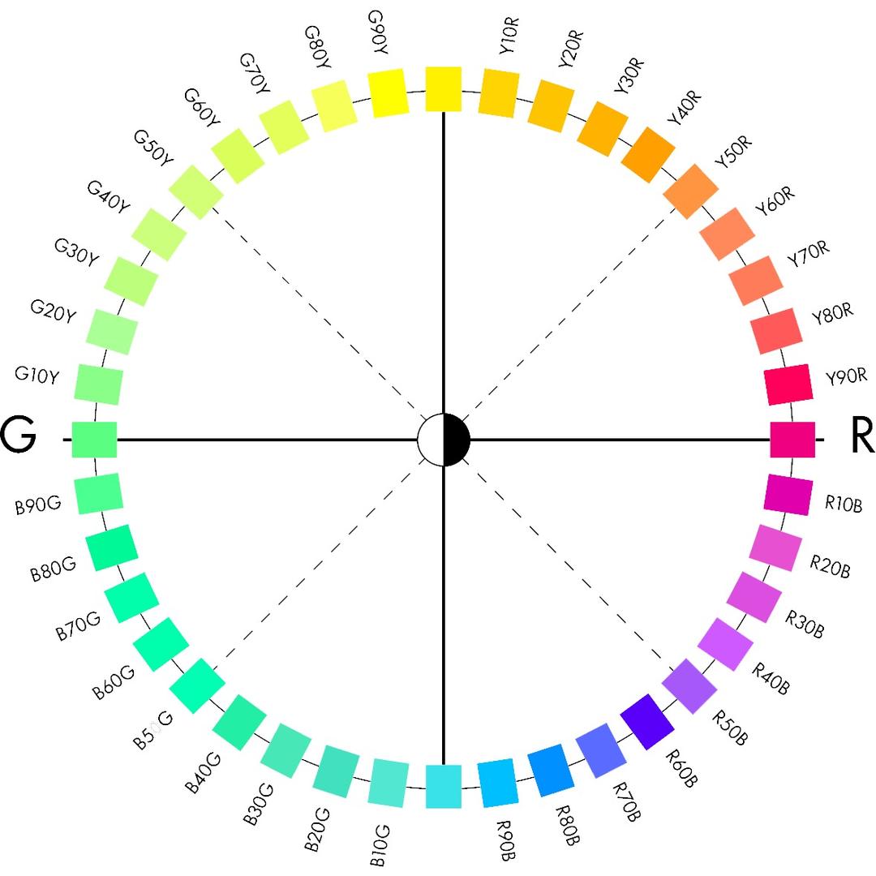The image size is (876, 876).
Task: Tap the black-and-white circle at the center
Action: (x=444, y=440)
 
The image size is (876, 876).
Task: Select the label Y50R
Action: (x=732, y=154)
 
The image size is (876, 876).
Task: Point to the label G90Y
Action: (x=378, y=33)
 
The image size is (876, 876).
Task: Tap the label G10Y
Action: (x=36, y=376)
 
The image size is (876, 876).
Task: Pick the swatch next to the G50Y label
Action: (x=196, y=192)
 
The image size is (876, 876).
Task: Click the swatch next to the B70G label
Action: (x=131, y=597)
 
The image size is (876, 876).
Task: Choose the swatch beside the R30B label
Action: (x=754, y=597)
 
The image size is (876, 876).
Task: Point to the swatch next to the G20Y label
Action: (x=111, y=332)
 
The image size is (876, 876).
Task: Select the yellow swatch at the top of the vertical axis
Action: (x=444, y=88)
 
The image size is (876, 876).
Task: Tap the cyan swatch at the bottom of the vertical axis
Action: (x=444, y=787)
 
